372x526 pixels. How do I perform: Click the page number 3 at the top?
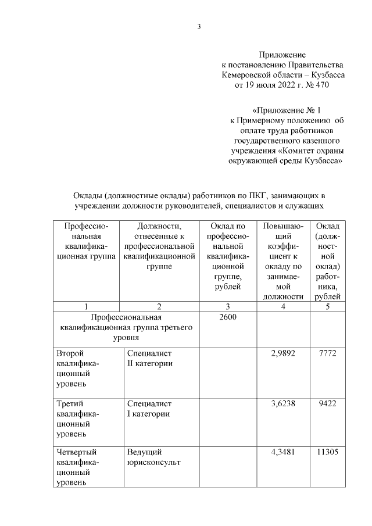(x=199, y=26)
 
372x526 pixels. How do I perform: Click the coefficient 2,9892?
(x=282, y=353)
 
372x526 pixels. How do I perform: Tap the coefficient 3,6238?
(x=282, y=402)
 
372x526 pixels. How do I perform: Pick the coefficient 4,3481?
(x=282, y=452)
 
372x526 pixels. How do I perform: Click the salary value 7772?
(x=327, y=353)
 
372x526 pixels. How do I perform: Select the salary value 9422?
(x=327, y=402)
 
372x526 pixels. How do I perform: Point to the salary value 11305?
(x=327, y=452)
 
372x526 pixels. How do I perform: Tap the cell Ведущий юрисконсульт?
(x=153, y=457)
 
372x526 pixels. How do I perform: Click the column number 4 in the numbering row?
(x=282, y=306)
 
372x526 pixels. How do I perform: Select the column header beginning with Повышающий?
(x=282, y=260)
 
